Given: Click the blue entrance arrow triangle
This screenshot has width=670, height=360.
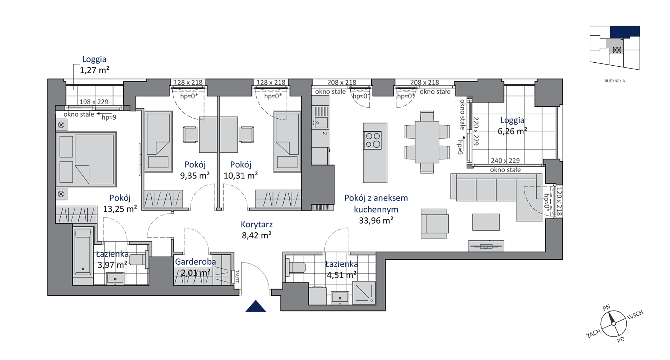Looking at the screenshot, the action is point(256,306).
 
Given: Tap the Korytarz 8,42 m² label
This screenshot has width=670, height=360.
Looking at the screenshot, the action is point(257,230).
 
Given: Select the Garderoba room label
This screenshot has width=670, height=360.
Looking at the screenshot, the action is point(195,262).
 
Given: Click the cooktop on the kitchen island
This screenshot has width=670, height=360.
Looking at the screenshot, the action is point(373,140).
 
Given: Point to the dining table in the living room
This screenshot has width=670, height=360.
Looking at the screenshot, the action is point(427,142).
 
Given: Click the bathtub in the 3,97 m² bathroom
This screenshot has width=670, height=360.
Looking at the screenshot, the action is point(83,253).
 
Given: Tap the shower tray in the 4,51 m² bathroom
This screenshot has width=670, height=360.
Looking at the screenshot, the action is point(364,293).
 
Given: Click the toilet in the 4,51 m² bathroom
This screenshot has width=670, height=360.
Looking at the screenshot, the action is point(295,267).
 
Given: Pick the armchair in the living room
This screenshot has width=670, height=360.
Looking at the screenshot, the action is point(434,224).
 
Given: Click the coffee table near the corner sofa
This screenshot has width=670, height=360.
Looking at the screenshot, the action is point(486,222).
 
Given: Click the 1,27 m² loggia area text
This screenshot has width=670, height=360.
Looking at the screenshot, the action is point(95,70).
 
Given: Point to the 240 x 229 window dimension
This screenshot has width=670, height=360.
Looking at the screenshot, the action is point(505,161).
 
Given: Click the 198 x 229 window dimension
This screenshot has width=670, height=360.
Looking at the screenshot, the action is point(94,102).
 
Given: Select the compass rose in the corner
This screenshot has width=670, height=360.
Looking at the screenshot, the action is point(614,324).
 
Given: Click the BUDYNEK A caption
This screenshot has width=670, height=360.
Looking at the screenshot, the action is point(615,81).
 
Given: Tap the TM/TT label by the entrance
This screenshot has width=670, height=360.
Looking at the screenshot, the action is point(237,276).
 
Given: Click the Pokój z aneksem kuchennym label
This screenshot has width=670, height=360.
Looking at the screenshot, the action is point(376,203).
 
